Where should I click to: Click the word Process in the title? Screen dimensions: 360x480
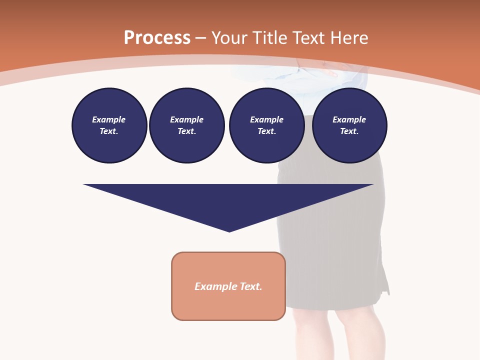[157, 38]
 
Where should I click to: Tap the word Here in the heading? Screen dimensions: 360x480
[349, 38]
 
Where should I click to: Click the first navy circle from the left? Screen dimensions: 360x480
[109, 125]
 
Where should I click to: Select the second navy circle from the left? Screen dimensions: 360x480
[186, 125]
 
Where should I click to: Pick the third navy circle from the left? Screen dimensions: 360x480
[266, 125]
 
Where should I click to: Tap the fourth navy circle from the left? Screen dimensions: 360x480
[349, 125]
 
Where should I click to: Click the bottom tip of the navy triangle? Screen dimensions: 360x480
[229, 230]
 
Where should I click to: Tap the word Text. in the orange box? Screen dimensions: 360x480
[250, 286]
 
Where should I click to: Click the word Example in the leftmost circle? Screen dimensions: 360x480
[109, 119]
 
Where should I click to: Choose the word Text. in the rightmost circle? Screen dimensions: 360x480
[349, 131]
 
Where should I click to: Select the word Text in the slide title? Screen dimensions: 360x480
[310, 38]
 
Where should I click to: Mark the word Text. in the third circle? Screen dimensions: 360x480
[266, 131]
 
